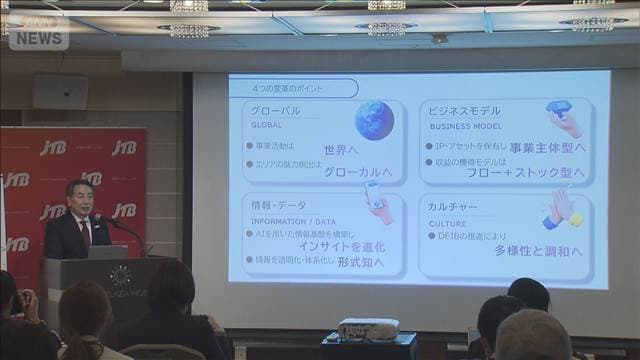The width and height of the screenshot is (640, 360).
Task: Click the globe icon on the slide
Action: pos(374,120)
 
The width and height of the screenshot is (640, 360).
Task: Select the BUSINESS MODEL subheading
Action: pos(464,127)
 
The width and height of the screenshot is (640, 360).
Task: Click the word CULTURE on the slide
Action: pos(448,224)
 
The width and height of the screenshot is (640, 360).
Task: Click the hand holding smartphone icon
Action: pos(377,197)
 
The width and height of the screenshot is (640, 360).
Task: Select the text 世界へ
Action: pos(340,149)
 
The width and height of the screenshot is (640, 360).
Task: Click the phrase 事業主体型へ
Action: pos(547,148)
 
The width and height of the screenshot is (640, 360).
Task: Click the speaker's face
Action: pos(82,200)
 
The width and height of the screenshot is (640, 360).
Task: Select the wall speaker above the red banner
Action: pos(60,92)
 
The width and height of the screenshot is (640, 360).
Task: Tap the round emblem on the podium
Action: pos(121,276)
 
